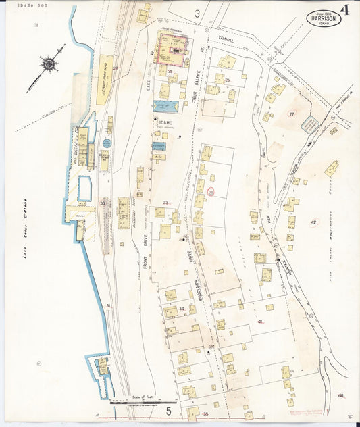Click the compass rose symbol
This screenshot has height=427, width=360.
[49, 64]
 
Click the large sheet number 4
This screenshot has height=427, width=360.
[345, 10]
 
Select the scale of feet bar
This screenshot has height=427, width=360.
[143, 401]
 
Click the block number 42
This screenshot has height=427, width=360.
[313, 222]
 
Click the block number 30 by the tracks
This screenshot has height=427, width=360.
[102, 202]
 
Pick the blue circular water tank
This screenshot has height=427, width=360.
[107, 143]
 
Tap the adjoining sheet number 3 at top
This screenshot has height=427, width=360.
[197, 14]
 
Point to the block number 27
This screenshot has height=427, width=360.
[292, 114]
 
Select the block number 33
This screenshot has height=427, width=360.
[165, 203]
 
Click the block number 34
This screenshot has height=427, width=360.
[181, 309]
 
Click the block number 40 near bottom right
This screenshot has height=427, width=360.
[340, 395]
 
